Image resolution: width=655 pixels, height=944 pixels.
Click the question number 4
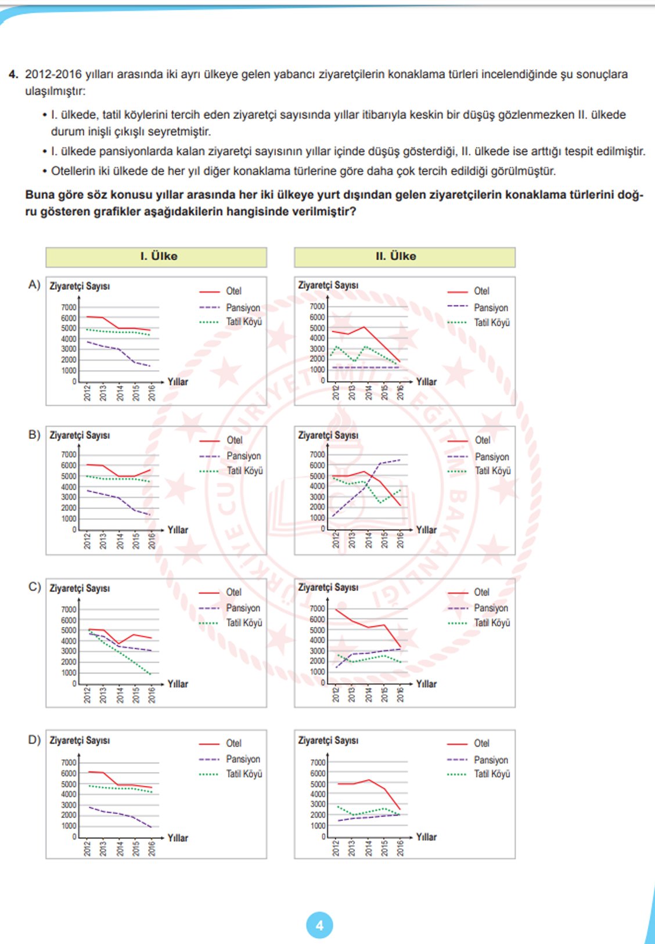pyautogui.click(x=13, y=74)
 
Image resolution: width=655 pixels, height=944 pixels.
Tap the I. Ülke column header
pyautogui.click(x=159, y=256)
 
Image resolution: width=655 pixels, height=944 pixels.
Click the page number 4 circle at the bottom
pyautogui.click(x=319, y=925)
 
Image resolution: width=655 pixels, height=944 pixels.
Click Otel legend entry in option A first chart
pyautogui.click(x=233, y=291)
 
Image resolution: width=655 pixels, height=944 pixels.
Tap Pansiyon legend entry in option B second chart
pyautogui.click(x=491, y=457)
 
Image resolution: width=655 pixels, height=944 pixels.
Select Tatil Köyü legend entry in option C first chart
pyautogui.click(x=244, y=623)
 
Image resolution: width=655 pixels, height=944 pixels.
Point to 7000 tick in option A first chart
pyautogui.click(x=69, y=307)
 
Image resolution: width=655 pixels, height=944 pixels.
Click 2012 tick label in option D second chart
pyautogui.click(x=336, y=848)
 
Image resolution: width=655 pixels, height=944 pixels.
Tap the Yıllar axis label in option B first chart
pyautogui.click(x=178, y=530)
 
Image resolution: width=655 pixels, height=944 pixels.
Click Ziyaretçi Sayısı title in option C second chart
pyautogui.click(x=328, y=588)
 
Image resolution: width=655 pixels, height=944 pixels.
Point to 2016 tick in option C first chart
pyautogui.click(x=152, y=694)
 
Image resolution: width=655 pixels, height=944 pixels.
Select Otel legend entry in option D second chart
pyautogui.click(x=481, y=743)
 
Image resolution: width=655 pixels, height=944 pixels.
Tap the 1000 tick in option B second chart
pyautogui.click(x=318, y=518)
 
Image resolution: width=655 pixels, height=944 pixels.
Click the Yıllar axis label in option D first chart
pyautogui.click(x=178, y=838)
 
